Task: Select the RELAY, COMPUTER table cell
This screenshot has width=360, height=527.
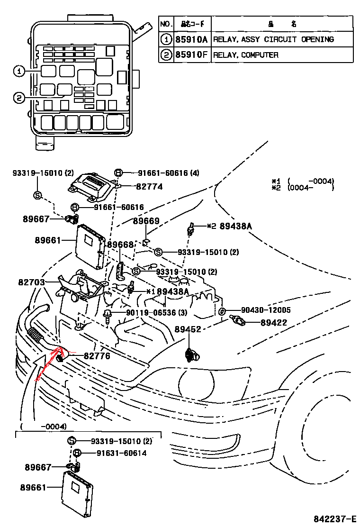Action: (245, 55)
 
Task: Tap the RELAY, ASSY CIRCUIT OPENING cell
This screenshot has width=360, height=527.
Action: (273, 39)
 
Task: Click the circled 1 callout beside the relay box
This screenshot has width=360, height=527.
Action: (18, 72)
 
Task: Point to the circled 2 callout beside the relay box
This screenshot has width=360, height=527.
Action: (18, 98)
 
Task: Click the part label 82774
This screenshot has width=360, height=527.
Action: (149, 187)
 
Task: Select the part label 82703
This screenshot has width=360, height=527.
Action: (31, 282)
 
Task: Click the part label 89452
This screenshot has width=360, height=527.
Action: (188, 329)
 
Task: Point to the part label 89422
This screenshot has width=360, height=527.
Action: (273, 323)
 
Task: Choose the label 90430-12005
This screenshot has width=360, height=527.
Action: (266, 310)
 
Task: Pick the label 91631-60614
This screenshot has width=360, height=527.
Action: (121, 454)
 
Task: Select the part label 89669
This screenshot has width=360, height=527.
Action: (146, 221)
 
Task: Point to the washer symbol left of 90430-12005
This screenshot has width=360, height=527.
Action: (222, 311)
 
